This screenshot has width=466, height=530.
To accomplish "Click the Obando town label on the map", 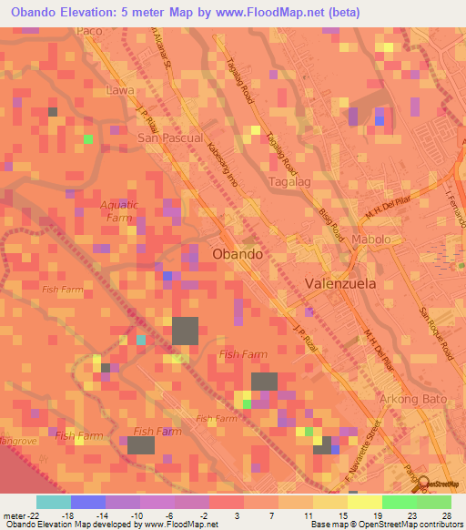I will coord(238,255).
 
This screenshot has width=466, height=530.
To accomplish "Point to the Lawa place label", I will coord(119,91).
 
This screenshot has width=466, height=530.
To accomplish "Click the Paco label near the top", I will coord(89,31).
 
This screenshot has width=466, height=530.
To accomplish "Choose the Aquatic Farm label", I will coord(118,210).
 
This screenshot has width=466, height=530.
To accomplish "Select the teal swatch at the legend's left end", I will coord(53,502).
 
